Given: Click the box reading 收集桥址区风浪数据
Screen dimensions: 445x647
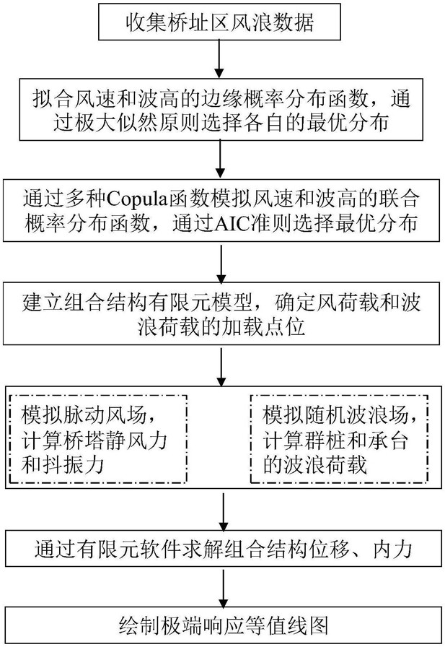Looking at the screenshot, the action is click(x=219, y=22).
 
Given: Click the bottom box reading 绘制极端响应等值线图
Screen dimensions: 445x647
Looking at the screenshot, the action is click(x=223, y=625).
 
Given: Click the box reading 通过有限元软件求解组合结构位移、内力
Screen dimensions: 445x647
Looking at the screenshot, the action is click(x=223, y=548).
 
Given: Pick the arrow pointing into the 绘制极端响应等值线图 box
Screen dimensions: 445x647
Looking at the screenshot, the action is click(x=223, y=588).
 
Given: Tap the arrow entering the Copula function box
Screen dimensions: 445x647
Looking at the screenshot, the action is click(x=221, y=160).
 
